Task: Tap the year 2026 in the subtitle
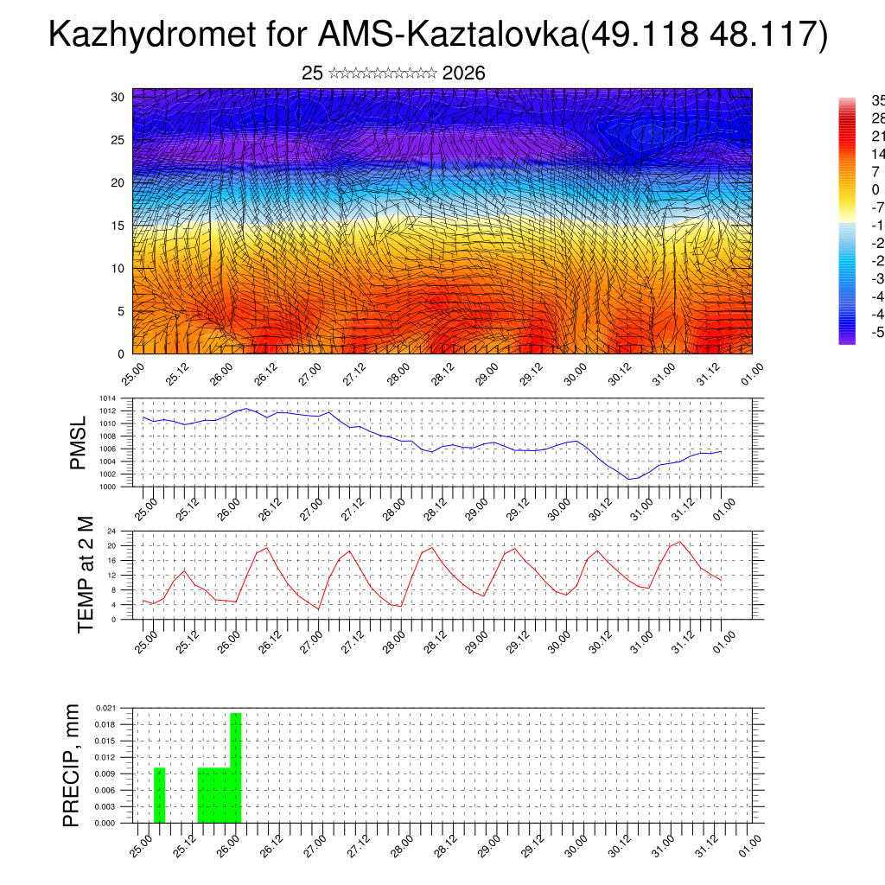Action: coord(463,73)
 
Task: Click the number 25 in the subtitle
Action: coord(312,73)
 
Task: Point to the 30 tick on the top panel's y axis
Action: coord(118,97)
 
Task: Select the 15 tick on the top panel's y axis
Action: coord(118,226)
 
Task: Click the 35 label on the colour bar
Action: coord(876,100)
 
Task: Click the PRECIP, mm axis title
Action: coord(72,765)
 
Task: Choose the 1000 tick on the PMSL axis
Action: coord(107,487)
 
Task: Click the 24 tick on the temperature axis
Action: coord(112,531)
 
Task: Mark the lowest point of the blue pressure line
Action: coord(631,479)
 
